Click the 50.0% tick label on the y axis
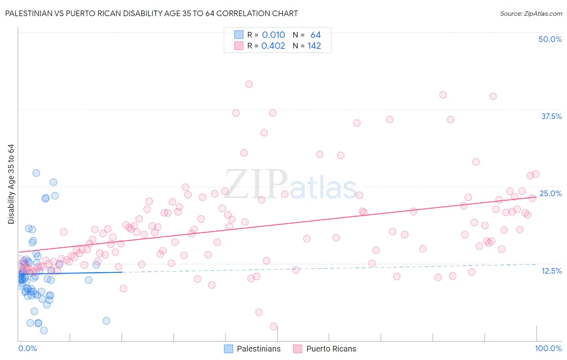pos(550,39)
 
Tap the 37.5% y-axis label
pos(551,116)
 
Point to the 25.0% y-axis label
pos(550,193)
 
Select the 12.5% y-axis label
pos(551,271)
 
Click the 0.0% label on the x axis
pos(27,348)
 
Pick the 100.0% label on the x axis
pos(548,348)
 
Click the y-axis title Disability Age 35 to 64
pos(11,184)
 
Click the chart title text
pos(151,13)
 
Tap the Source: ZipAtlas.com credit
pos(531,14)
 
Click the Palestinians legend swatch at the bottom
pos(229,349)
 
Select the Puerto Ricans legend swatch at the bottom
pos(298,349)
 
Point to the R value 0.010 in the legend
pos(273,35)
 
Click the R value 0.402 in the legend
pos(273,46)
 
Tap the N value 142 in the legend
pos(314,46)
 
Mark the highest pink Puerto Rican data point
pos(249,84)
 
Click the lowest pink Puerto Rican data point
pos(273,327)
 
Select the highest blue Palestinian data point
pos(36,173)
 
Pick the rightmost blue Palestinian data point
pos(106,321)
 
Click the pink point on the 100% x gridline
pos(536,174)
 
